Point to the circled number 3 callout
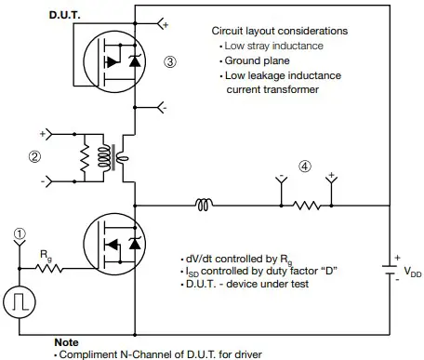coord(169,62)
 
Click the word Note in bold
coord(67,341)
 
